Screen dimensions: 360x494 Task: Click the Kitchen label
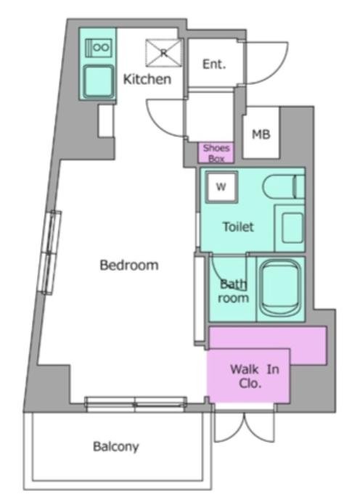(x=147, y=79)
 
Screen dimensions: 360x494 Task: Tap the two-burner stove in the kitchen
(x=99, y=48)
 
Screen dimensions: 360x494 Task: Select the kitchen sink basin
(x=99, y=81)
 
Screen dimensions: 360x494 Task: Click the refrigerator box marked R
(x=163, y=53)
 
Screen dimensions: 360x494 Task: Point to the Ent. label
(x=214, y=64)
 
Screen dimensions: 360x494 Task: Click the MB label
(x=261, y=134)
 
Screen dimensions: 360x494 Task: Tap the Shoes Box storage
(x=216, y=153)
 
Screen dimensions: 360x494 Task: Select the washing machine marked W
(x=221, y=187)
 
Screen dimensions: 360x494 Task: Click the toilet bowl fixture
(x=283, y=186)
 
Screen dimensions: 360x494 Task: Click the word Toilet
(x=238, y=227)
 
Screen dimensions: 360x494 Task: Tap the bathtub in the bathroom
(x=281, y=288)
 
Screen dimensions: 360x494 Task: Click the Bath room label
(x=233, y=291)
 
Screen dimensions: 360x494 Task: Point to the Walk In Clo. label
(x=255, y=376)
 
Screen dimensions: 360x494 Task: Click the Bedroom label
(x=129, y=265)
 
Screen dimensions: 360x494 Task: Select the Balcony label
(x=116, y=446)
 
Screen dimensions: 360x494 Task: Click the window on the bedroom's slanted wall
(x=50, y=252)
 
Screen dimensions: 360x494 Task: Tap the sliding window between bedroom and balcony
(x=136, y=404)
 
